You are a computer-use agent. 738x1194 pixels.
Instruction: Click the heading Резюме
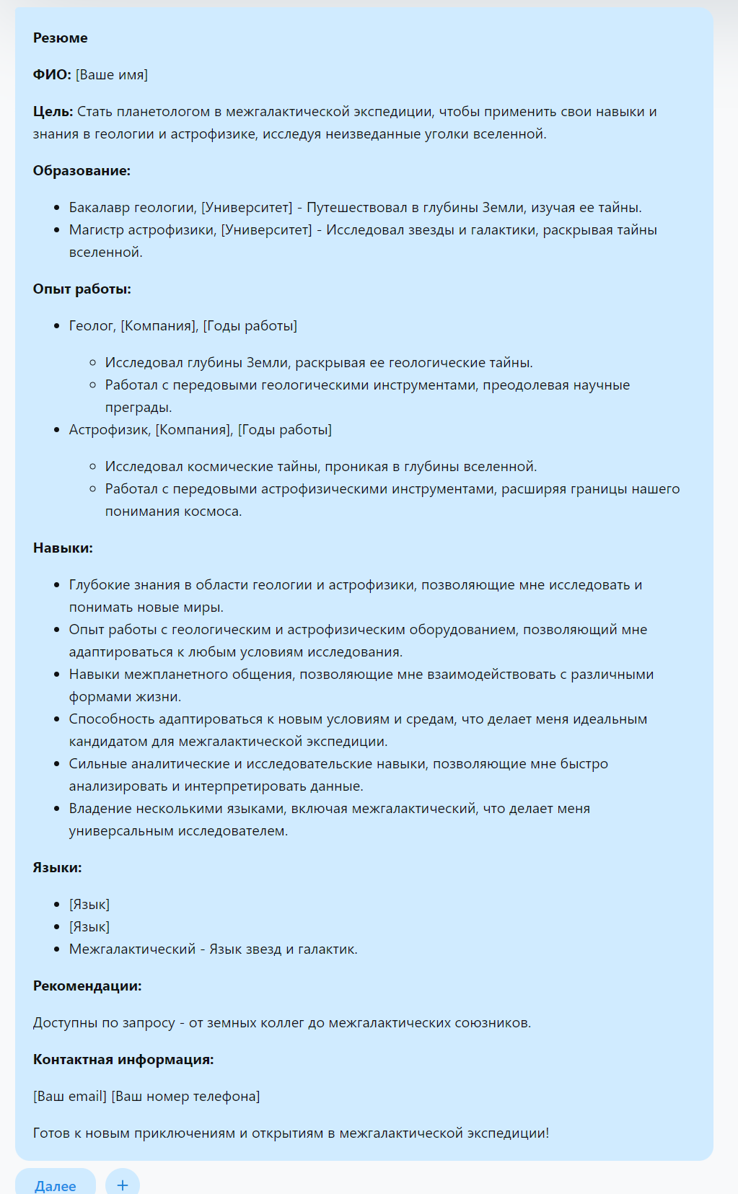(60, 38)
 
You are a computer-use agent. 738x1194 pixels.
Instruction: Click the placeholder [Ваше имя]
(112, 75)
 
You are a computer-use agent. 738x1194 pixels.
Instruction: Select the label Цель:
(53, 112)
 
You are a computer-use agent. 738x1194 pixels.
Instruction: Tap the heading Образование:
(82, 171)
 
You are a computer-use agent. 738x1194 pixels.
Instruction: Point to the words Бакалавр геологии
(132, 208)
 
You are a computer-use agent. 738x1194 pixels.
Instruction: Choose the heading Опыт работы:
(82, 289)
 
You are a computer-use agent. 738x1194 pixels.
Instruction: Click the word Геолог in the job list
(92, 326)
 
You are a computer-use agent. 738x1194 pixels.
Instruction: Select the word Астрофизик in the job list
(110, 430)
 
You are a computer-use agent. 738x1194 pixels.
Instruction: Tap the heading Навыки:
(63, 548)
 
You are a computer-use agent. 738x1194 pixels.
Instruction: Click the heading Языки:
(57, 868)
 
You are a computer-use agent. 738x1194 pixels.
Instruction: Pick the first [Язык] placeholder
(89, 905)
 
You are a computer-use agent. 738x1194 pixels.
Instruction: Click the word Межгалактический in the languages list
(132, 949)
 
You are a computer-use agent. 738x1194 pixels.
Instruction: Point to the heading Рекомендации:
(87, 986)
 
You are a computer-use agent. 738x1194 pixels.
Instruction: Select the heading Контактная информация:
(123, 1060)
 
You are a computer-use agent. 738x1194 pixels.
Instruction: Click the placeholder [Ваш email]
(69, 1097)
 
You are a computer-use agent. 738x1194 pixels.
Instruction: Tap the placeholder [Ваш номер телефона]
(185, 1097)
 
